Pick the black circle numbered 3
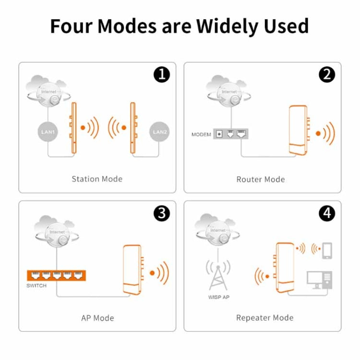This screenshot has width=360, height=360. click(161, 213)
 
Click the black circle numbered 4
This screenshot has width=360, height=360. click(327, 213)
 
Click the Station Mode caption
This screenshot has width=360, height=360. click(97, 179)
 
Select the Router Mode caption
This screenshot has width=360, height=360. click(261, 180)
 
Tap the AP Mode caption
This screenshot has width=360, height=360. click(97, 318)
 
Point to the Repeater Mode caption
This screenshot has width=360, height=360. click(264, 318)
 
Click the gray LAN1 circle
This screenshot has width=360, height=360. click(48, 131)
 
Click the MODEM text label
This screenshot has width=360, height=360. click(201, 134)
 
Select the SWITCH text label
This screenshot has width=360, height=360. click(37, 286)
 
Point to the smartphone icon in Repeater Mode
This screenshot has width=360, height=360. click(327, 250)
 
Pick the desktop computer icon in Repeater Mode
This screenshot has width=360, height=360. click(320, 280)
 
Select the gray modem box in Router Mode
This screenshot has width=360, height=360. click(233, 134)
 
